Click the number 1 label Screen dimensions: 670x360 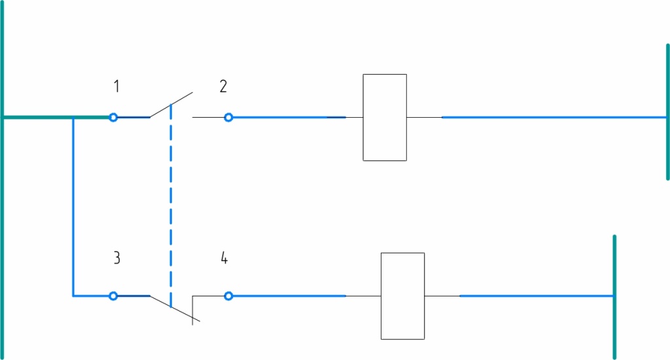click(116, 86)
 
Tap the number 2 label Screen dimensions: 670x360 click(223, 86)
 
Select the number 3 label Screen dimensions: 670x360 click(116, 258)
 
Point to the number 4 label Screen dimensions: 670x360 click(224, 258)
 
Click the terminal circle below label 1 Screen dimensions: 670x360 click(113, 117)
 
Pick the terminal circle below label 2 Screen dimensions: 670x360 click(228, 117)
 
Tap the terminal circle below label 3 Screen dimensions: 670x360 click(113, 296)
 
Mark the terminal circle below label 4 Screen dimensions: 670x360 click(228, 296)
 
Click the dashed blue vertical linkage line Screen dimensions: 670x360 click(171, 206)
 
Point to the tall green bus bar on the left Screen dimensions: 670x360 click(3, 180)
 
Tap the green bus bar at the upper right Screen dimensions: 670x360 click(667, 111)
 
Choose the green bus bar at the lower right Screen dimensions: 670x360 click(614, 297)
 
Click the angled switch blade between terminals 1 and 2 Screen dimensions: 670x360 click(171, 105)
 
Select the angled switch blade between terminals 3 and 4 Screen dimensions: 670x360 click(175, 309)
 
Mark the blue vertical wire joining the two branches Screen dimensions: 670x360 click(73, 206)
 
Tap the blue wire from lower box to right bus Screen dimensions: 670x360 click(537, 296)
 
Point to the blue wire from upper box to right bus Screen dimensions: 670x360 click(554, 117)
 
